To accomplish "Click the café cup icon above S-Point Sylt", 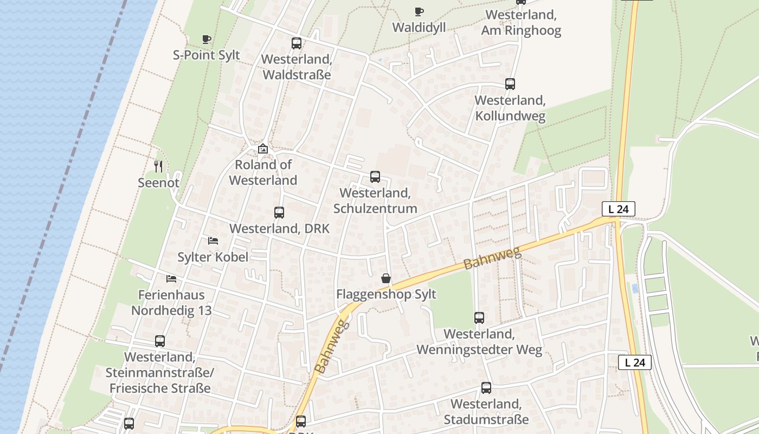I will pos(206,39).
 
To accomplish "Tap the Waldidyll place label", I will pos(419,27).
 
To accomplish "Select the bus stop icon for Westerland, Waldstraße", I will pos(296,43).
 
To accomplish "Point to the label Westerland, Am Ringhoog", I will pos(521,23).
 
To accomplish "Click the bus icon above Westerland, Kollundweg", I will pos(510,84).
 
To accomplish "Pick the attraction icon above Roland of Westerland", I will pos(263,148).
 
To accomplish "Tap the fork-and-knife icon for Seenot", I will pos(158,166).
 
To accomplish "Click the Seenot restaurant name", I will pos(158,183).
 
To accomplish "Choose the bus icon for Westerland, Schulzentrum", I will pos(375,177).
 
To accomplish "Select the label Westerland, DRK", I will pos(279,228).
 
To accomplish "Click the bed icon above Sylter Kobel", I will pos(213,241).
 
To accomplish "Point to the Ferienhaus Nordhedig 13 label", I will pos(171,303).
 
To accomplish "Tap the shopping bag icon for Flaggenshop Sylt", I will pos(385,278).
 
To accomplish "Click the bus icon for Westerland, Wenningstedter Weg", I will pos(479,318).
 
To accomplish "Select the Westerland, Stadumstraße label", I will pos(486,412).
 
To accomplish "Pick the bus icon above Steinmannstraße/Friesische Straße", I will pos(159,341).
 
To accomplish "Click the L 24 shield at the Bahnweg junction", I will pos(618,209).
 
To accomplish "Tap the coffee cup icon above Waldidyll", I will pos(419,11).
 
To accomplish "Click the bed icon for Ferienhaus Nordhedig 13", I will pos(171,279).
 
